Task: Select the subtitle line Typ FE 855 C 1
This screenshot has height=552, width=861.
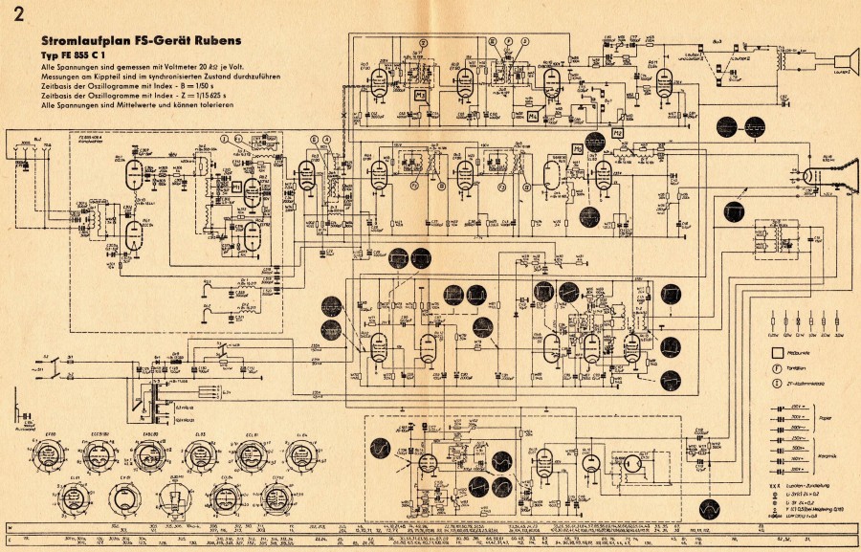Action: pos(77,55)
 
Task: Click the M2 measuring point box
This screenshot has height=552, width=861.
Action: pos(618,132)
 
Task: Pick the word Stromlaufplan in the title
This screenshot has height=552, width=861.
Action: pos(78,42)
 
